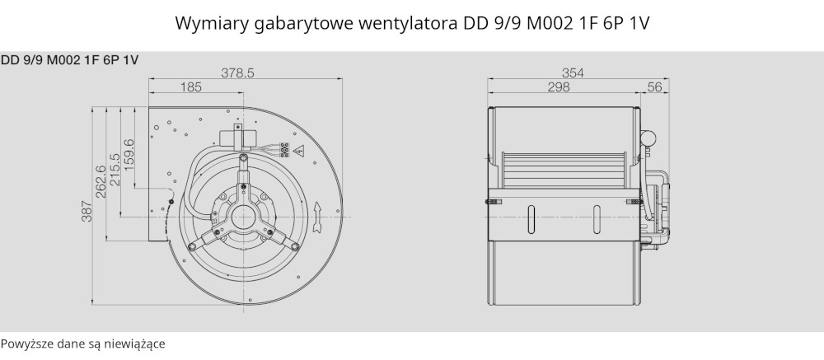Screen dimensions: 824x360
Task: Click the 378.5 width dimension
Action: click(x=237, y=72)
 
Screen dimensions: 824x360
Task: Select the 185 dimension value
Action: click(x=191, y=86)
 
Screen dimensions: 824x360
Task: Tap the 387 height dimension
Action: click(x=87, y=212)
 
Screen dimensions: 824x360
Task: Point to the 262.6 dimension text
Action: click(x=101, y=181)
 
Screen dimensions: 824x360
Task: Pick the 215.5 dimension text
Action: click(x=115, y=169)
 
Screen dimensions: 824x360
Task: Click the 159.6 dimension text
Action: click(x=129, y=155)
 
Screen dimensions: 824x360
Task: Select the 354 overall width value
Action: click(x=573, y=72)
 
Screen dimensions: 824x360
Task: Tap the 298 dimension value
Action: click(x=559, y=86)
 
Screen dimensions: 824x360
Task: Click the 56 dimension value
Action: click(x=654, y=86)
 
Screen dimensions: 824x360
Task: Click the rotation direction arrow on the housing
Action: click(x=317, y=217)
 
